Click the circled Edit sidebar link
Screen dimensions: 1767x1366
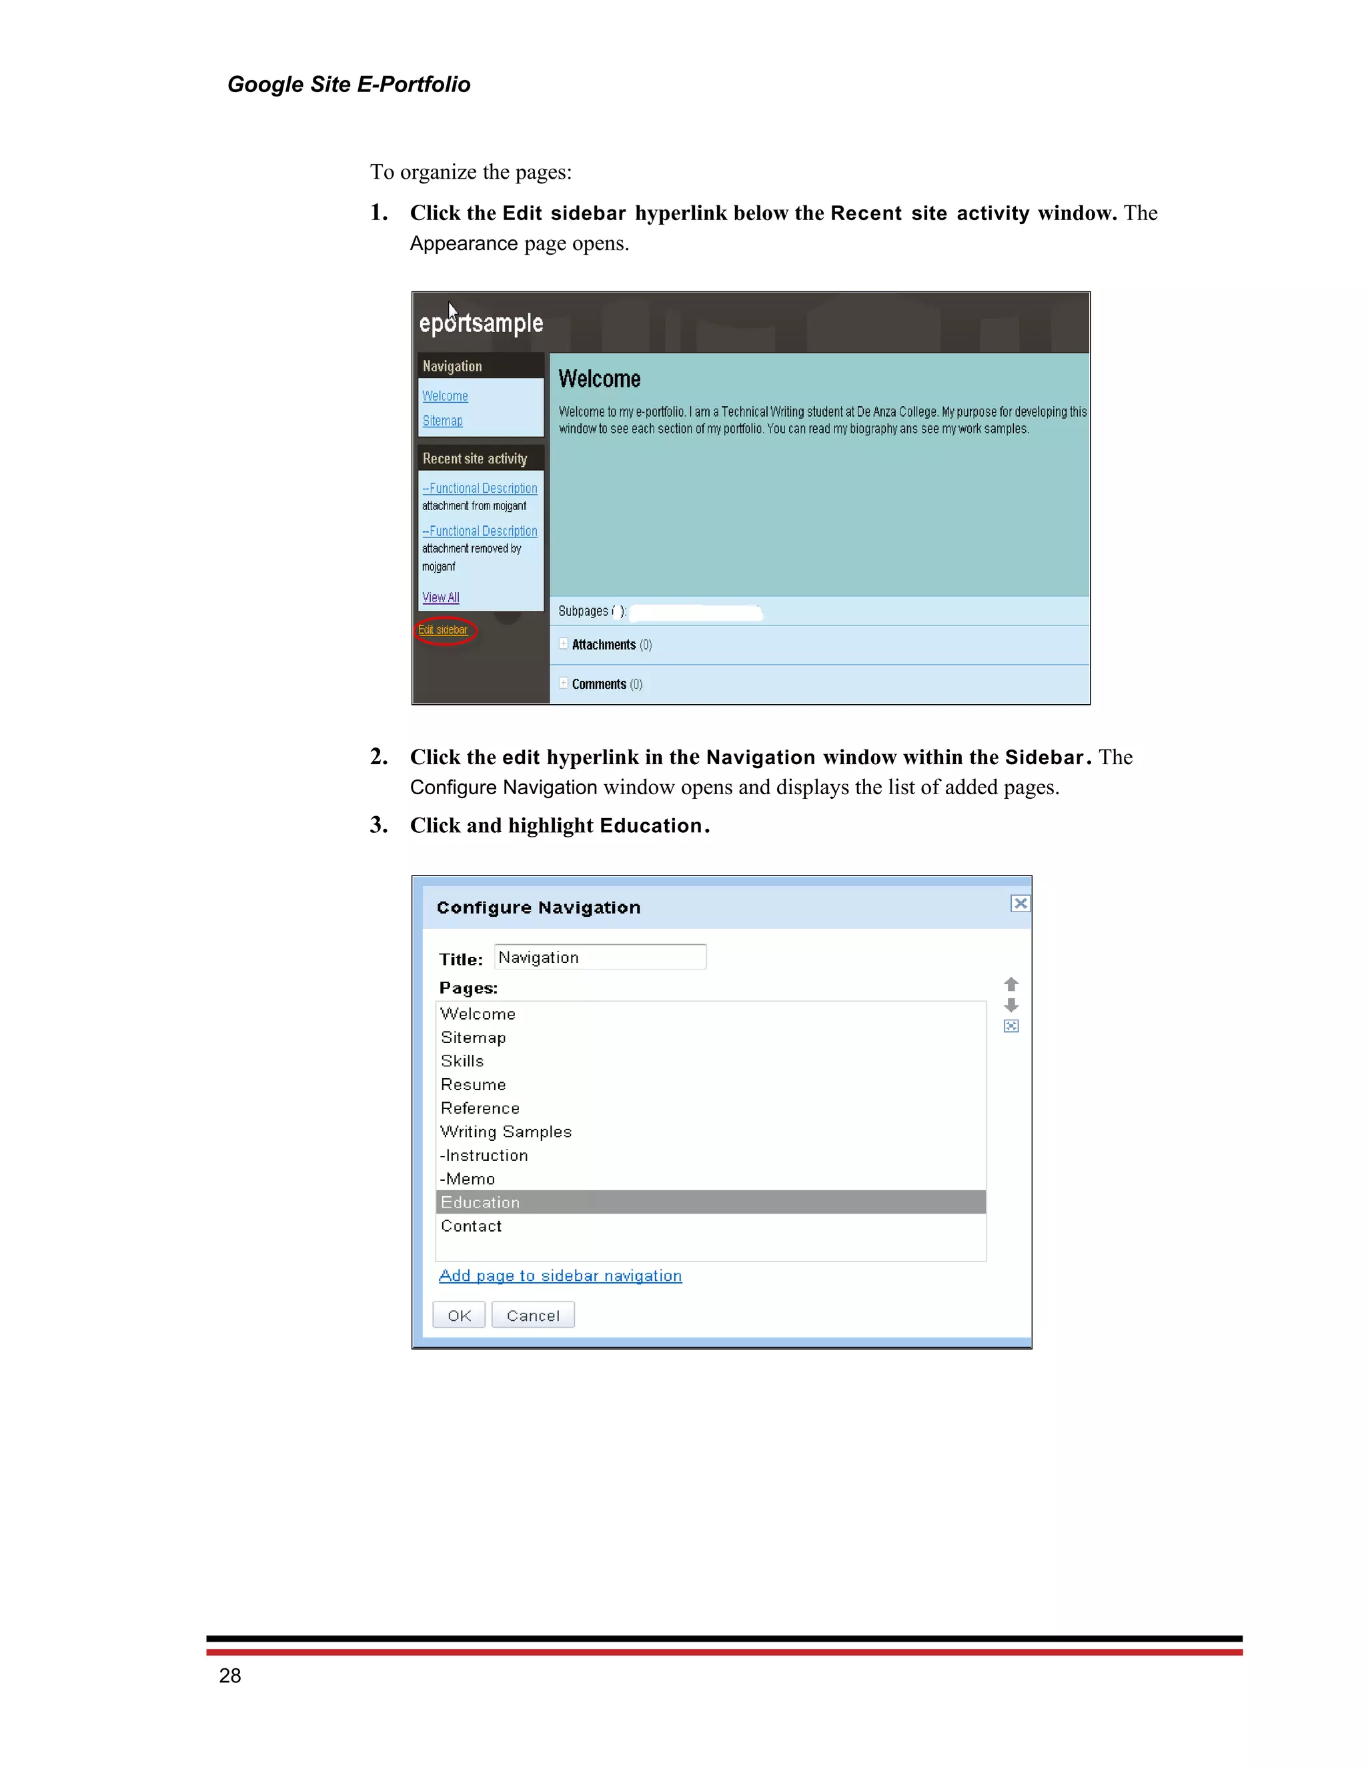click(x=443, y=630)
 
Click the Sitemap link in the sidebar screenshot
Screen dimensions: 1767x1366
click(x=443, y=421)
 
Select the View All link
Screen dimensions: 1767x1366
click(x=440, y=597)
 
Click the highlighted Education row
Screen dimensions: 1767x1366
click(x=710, y=1202)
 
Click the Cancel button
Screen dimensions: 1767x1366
click(x=532, y=1316)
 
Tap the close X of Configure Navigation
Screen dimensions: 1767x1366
click(x=1020, y=904)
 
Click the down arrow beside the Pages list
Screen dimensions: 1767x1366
click(x=1010, y=1006)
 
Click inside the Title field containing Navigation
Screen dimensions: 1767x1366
click(x=600, y=957)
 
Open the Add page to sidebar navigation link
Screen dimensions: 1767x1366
click(x=560, y=1276)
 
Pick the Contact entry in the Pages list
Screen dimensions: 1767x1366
click(x=471, y=1226)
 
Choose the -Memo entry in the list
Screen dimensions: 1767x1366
click(x=468, y=1179)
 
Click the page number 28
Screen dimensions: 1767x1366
click(x=230, y=1676)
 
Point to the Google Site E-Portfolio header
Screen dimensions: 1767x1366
click(x=349, y=84)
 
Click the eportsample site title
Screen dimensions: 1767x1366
click(x=481, y=323)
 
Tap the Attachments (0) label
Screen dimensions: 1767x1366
click(x=611, y=645)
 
